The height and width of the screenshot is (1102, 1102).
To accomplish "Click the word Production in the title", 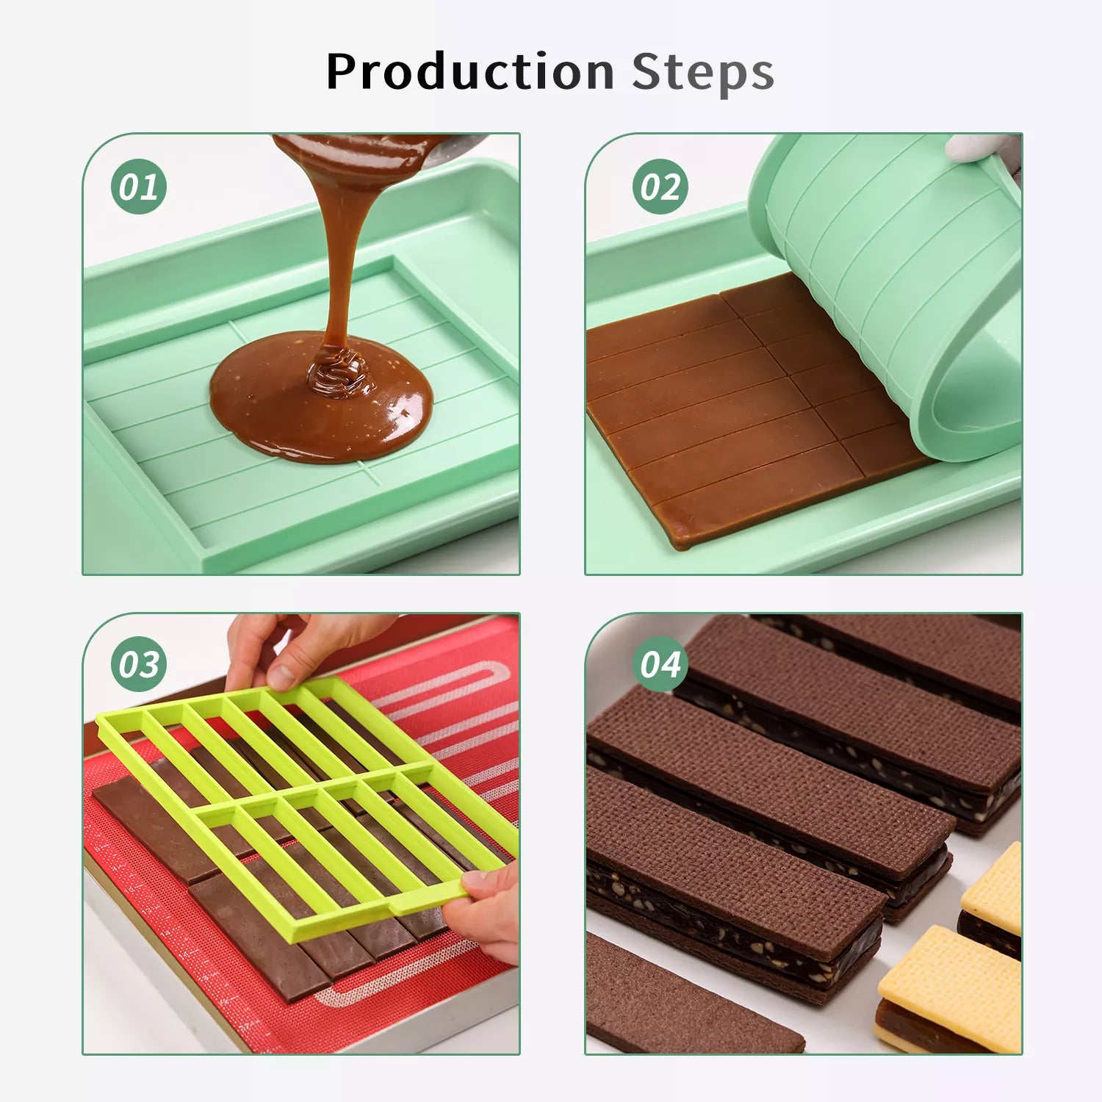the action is tap(470, 72).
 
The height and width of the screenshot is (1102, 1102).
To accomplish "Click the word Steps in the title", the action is tap(703, 72).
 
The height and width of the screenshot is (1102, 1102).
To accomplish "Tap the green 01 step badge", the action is tap(139, 187).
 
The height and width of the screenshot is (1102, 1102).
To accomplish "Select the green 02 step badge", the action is tap(660, 187).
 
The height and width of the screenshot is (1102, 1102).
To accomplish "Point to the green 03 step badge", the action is tap(139, 664).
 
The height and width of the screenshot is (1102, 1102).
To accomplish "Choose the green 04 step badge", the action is tap(660, 664).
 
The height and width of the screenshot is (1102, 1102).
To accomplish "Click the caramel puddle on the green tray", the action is tap(321, 400).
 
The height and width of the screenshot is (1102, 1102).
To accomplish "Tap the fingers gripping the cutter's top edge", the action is tap(309, 647).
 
